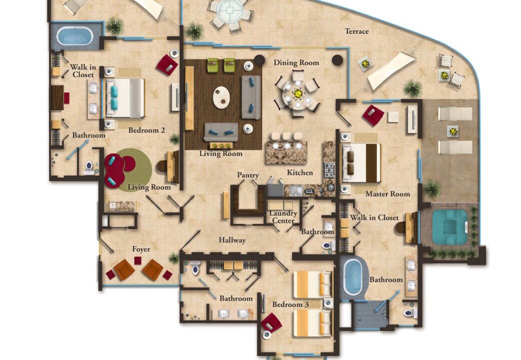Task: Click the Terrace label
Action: tap(357, 31)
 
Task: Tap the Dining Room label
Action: tap(296, 63)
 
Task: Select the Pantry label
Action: tap(248, 175)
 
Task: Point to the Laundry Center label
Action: tap(283, 216)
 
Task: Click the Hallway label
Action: tap(232, 240)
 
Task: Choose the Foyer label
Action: tap(141, 249)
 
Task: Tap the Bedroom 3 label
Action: tap(290, 304)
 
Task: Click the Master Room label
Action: tap(388, 194)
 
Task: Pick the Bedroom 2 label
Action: tap(146, 130)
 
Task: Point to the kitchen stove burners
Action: tap(329, 170)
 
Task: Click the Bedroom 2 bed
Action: tap(125, 98)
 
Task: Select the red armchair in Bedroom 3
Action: tap(271, 322)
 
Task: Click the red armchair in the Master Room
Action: tap(373, 115)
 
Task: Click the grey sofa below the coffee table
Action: tap(221, 132)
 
